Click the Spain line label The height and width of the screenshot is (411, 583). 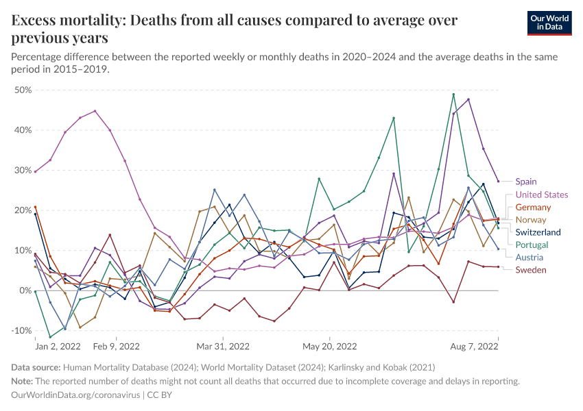(526, 182)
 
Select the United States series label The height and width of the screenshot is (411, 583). (541, 195)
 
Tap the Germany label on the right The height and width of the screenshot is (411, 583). (533, 207)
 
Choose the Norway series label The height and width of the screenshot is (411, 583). (531, 220)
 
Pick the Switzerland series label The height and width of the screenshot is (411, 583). (538, 232)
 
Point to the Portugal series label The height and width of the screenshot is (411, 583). (532, 245)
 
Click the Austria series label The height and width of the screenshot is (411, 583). (529, 258)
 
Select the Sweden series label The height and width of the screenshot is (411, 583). (531, 270)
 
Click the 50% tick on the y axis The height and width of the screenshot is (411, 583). (23, 90)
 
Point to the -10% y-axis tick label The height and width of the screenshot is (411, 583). (22, 331)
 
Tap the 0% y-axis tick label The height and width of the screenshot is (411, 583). (25, 291)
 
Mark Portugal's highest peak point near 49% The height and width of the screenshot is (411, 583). (453, 95)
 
